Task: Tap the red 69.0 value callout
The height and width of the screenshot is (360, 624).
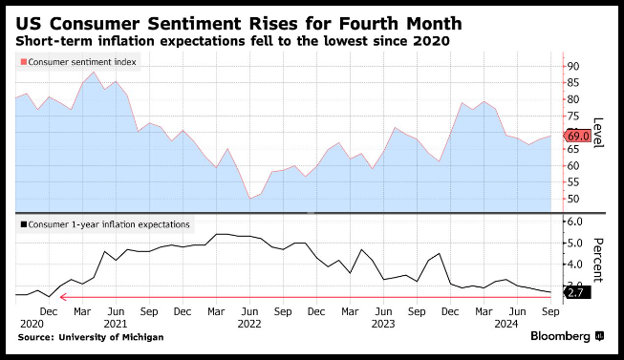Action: (x=577, y=136)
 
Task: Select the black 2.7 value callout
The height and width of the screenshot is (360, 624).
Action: (x=577, y=293)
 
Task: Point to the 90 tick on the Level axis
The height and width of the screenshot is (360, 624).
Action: (x=573, y=66)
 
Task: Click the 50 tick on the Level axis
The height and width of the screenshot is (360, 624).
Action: (x=573, y=199)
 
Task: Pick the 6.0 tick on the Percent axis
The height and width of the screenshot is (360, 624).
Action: (x=574, y=222)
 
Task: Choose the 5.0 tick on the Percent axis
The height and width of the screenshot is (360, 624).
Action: (x=574, y=244)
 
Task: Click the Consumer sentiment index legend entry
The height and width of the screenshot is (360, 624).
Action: (x=78, y=62)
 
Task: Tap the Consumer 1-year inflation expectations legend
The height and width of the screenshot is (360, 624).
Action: (x=105, y=224)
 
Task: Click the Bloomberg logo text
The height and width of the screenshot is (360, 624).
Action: (x=560, y=336)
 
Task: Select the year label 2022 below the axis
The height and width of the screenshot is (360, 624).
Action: (x=249, y=325)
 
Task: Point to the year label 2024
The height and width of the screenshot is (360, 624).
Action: (x=506, y=325)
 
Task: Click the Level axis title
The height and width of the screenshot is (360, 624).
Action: (x=598, y=133)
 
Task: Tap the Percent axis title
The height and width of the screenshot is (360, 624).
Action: (x=598, y=260)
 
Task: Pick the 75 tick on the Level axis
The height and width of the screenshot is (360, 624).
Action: (x=573, y=116)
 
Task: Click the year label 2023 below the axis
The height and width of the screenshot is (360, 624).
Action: (x=383, y=325)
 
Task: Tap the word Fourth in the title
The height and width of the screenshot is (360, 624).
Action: (x=369, y=24)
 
